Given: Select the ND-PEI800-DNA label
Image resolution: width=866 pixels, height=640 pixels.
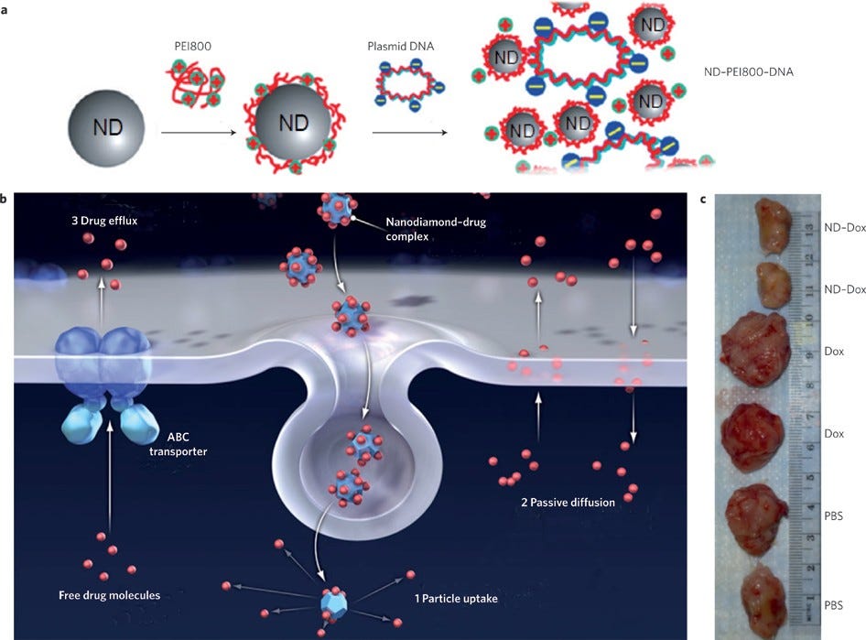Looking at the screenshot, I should (x=750, y=72).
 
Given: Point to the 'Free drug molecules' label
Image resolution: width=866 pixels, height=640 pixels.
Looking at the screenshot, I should (x=110, y=595).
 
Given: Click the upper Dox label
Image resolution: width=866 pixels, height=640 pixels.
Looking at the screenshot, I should (x=834, y=351).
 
